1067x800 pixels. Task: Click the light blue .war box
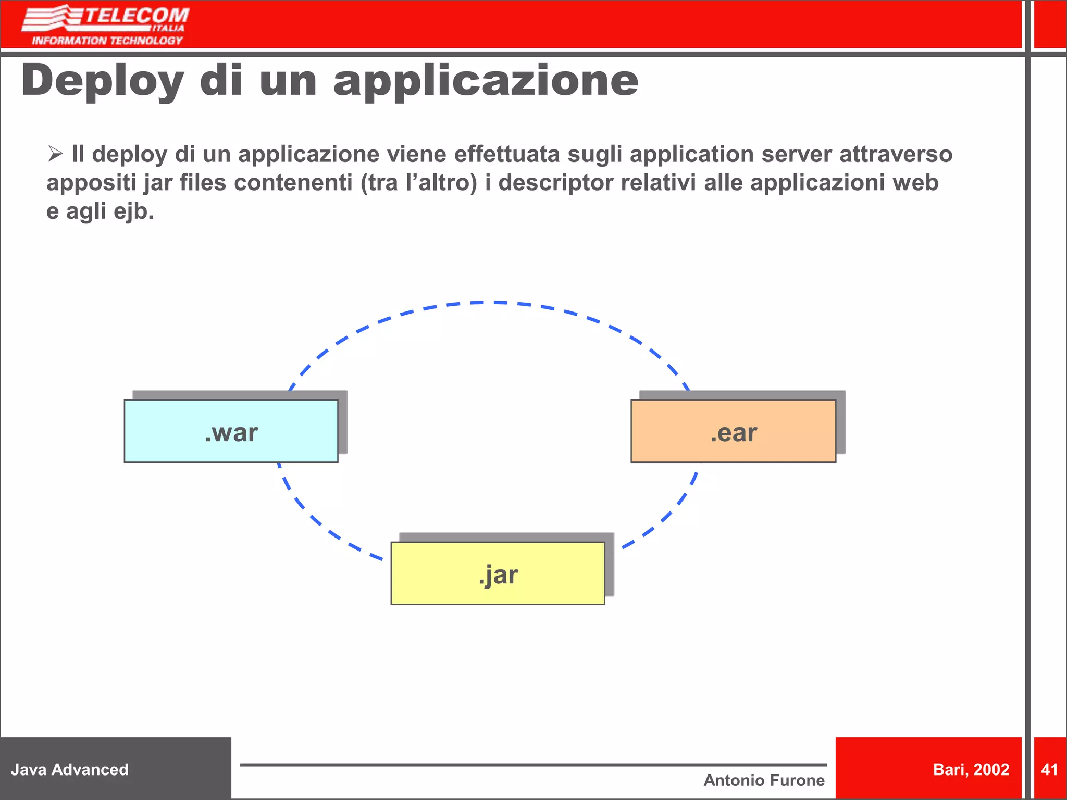click(x=231, y=431)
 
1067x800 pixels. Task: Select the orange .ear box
click(x=733, y=431)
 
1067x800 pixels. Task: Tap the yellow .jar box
click(x=498, y=573)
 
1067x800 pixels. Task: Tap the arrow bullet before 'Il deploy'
click(x=55, y=154)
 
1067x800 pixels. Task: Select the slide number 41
click(x=1049, y=769)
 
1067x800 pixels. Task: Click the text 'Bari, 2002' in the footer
click(x=971, y=769)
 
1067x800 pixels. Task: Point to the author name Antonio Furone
click(x=764, y=780)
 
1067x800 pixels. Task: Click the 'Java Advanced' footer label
click(x=69, y=769)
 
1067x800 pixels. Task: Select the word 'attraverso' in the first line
click(x=896, y=154)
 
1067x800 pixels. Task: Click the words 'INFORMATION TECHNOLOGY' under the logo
click(x=107, y=41)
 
